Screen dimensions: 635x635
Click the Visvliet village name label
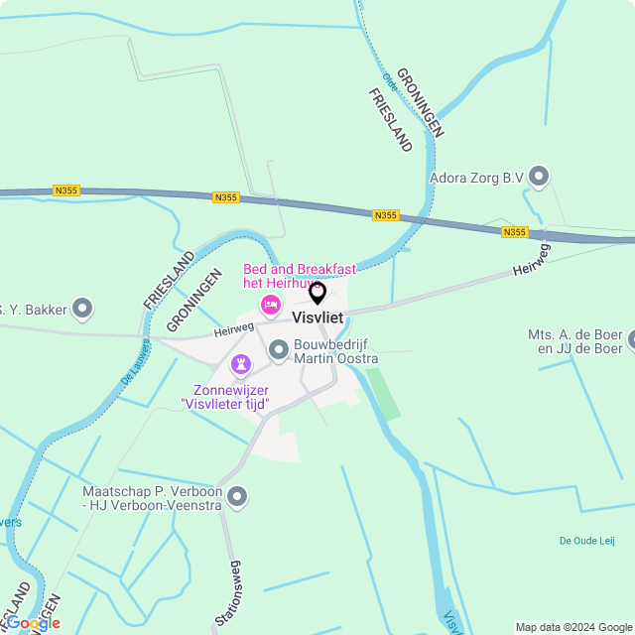[x=317, y=317]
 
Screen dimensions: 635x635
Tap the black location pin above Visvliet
[x=317, y=293]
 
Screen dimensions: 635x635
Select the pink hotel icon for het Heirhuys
[x=269, y=303]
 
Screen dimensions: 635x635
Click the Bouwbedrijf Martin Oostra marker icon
[x=279, y=349]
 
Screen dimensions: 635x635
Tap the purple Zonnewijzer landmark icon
[x=241, y=365]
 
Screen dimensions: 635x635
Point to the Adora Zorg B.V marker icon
[x=539, y=178]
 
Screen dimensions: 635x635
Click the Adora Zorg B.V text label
[x=476, y=179]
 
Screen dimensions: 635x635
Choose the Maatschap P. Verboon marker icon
[x=236, y=496]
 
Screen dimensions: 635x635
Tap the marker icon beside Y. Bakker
[x=83, y=310]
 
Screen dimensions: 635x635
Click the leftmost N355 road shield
[x=66, y=190]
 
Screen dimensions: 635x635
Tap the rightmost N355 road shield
[x=514, y=232]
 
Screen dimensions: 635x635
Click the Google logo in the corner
[x=34, y=623]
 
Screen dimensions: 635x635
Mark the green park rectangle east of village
[x=384, y=393]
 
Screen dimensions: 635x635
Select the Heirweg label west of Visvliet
[x=233, y=328]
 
